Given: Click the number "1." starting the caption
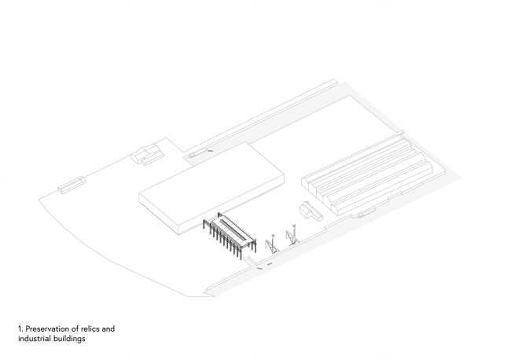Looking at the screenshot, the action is coord(21,329).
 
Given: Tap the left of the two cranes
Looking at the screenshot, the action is coord(271,244).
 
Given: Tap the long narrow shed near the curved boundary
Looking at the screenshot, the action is coord(72,185).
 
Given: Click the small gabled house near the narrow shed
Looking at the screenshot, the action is coord(147,154).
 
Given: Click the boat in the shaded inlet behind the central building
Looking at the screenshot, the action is coord(198,152).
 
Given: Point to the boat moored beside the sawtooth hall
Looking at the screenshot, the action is coord(366,212).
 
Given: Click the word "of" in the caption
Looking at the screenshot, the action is coord(75,329).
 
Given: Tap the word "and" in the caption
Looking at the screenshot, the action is coord(108,329).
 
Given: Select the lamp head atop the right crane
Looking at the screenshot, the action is coord(294,225).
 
